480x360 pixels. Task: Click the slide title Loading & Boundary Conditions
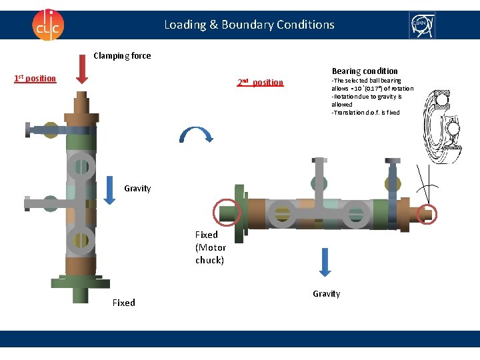click(x=249, y=25)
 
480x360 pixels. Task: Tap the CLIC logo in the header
click(x=47, y=25)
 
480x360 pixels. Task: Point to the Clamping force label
click(x=122, y=56)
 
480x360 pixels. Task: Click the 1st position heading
click(x=35, y=79)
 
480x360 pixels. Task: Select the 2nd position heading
click(x=260, y=83)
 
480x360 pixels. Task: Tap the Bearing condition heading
click(x=365, y=71)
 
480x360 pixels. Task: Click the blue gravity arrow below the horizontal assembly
click(x=325, y=261)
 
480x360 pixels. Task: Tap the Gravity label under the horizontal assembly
click(x=326, y=293)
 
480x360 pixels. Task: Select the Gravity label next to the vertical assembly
click(x=137, y=189)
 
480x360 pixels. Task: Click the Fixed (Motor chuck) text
click(x=210, y=247)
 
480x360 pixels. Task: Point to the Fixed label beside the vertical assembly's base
click(x=123, y=303)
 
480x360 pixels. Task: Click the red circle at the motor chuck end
click(x=225, y=213)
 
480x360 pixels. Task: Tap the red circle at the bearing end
click(x=425, y=214)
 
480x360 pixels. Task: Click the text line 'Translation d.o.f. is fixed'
click(x=365, y=113)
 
